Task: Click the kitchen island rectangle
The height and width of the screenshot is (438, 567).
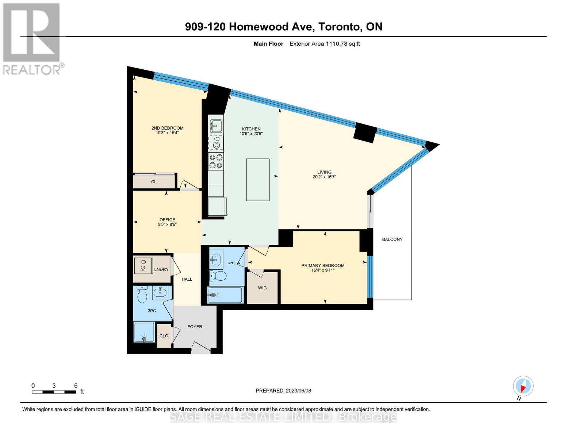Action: pos(258,180)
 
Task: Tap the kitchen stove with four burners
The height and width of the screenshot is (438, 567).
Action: pos(216,161)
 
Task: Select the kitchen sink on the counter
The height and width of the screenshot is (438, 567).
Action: pos(216,126)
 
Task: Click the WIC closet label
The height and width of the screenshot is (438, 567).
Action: pos(262,288)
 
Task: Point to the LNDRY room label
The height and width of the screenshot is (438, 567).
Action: pos(161,269)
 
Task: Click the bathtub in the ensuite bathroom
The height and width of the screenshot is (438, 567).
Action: pos(225,295)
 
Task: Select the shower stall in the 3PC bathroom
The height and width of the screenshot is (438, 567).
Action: pos(145,333)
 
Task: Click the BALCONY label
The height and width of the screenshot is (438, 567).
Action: pos(392,239)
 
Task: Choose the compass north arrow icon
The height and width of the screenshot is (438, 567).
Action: pos(523,386)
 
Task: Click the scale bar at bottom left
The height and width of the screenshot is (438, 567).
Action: pos(54,392)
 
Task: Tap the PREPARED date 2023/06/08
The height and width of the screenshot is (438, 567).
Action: pos(283,391)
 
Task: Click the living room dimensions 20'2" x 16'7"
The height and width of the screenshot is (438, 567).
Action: pos(324,177)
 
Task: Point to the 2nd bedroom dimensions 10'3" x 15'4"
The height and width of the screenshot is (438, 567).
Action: pos(167,133)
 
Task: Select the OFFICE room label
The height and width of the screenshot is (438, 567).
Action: pos(167,220)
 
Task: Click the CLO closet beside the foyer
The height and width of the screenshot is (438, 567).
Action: pos(164,336)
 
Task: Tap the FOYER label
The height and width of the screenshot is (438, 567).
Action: pos(195,327)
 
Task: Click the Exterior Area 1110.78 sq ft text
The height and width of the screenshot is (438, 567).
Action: pos(325,44)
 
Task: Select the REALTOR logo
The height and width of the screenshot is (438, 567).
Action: pos(32,38)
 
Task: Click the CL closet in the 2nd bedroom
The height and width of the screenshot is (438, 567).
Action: pos(154,182)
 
